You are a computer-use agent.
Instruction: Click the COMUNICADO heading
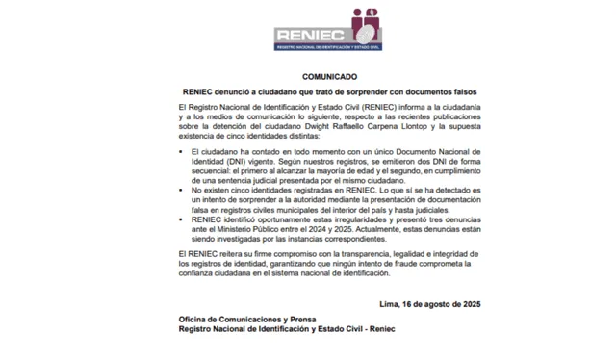click(x=329, y=76)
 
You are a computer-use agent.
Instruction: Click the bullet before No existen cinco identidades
click(x=183, y=192)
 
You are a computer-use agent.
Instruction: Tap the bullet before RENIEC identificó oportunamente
click(x=183, y=219)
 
